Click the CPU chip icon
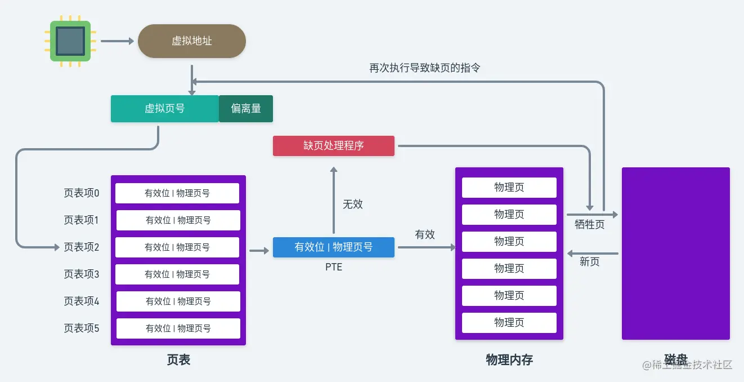coord(70,41)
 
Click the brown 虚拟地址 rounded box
coord(192,41)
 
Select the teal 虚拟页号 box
coord(164,109)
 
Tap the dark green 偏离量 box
coord(246,109)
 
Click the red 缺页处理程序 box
coord(334,146)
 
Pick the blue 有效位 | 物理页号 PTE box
coord(334,247)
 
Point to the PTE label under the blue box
coord(334,267)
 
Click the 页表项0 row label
coord(81,193)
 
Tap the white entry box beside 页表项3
coord(177,274)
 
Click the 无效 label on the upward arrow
coord(353,205)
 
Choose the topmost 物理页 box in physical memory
coord(509,188)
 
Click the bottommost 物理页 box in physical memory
coord(509,323)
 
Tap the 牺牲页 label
coord(589,225)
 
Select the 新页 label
coord(589,262)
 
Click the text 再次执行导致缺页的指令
coord(424,68)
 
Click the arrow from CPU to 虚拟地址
coord(117,41)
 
